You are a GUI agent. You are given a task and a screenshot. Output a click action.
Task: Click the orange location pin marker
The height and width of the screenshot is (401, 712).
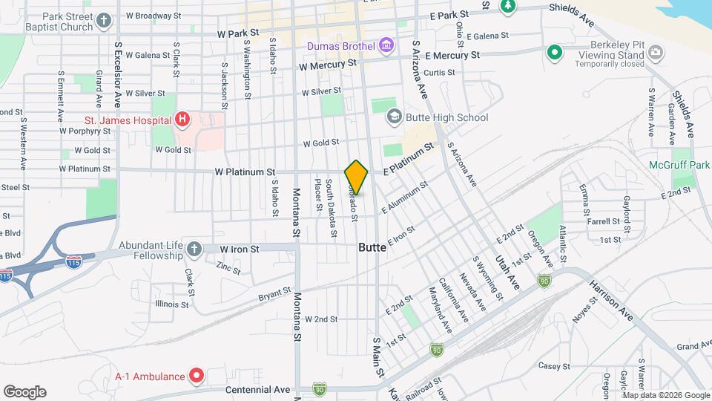pos(356,177)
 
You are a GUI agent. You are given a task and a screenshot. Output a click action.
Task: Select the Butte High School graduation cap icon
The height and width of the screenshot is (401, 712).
pos(394,117)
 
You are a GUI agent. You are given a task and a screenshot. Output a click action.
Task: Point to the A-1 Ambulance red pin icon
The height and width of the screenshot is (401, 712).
pos(197,376)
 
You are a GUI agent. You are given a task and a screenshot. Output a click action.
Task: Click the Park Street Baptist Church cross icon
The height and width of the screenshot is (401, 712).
pos(105,20)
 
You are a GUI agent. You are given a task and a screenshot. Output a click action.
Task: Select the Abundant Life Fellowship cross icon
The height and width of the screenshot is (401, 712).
pos(194,249)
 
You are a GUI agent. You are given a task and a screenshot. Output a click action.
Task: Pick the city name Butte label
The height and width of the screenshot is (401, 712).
pos(372,247)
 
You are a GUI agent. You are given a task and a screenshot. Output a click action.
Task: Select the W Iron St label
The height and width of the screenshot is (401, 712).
pos(240,249)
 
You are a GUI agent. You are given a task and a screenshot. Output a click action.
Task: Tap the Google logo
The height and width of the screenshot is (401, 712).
pos(24,391)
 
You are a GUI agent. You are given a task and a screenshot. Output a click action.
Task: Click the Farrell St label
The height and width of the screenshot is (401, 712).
pos(603,221)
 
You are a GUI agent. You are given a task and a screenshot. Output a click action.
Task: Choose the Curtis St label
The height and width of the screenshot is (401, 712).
pos(439,72)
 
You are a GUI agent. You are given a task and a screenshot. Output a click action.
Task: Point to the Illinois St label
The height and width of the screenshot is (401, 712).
pos(172,304)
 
